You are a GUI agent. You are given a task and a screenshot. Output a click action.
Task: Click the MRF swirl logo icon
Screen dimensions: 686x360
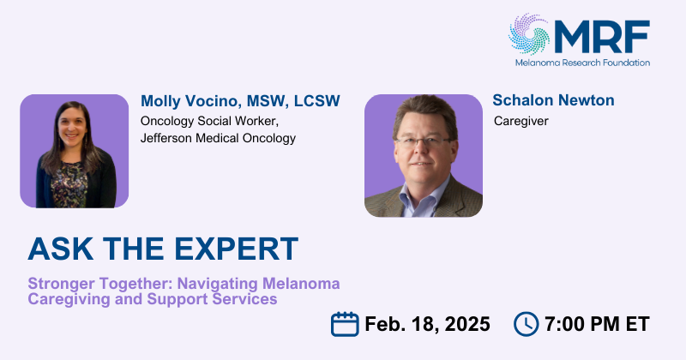tap(529, 34)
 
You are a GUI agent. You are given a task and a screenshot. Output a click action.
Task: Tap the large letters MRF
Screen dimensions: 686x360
tap(602, 37)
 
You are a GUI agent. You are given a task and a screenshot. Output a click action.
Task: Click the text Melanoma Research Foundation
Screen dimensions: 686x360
tap(582, 63)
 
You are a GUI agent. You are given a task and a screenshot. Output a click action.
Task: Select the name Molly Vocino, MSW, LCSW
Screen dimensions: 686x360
tap(240, 101)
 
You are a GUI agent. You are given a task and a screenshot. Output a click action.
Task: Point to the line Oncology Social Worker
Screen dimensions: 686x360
tap(209, 121)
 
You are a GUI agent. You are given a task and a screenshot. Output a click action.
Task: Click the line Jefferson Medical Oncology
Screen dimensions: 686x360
tap(218, 138)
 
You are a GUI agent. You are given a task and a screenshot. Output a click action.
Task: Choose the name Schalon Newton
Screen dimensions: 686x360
tap(553, 100)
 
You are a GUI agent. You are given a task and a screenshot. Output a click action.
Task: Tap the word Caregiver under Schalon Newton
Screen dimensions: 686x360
tap(521, 121)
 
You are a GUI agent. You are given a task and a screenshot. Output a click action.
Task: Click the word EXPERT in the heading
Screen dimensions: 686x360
tap(237, 249)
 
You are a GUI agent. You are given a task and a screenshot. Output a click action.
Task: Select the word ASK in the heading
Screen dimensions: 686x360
tap(61, 249)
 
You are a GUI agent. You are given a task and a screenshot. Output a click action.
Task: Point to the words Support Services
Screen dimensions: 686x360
tap(212, 299)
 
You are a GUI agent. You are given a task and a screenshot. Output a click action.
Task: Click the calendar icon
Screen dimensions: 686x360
tap(345, 324)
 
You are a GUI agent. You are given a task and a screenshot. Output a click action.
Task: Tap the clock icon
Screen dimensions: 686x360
tap(526, 324)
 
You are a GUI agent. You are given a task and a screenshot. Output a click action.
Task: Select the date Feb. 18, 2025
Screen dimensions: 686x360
tap(427, 324)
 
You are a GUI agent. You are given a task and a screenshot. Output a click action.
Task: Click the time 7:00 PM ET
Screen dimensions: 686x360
tap(597, 324)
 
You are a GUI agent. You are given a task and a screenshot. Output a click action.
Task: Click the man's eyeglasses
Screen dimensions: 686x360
tap(422, 141)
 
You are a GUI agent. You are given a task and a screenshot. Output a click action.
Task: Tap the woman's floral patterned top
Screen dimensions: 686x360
tap(69, 183)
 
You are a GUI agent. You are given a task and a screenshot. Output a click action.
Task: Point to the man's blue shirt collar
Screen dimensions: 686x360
tap(422, 195)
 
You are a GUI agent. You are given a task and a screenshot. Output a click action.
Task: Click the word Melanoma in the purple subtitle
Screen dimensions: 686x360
tap(301, 284)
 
